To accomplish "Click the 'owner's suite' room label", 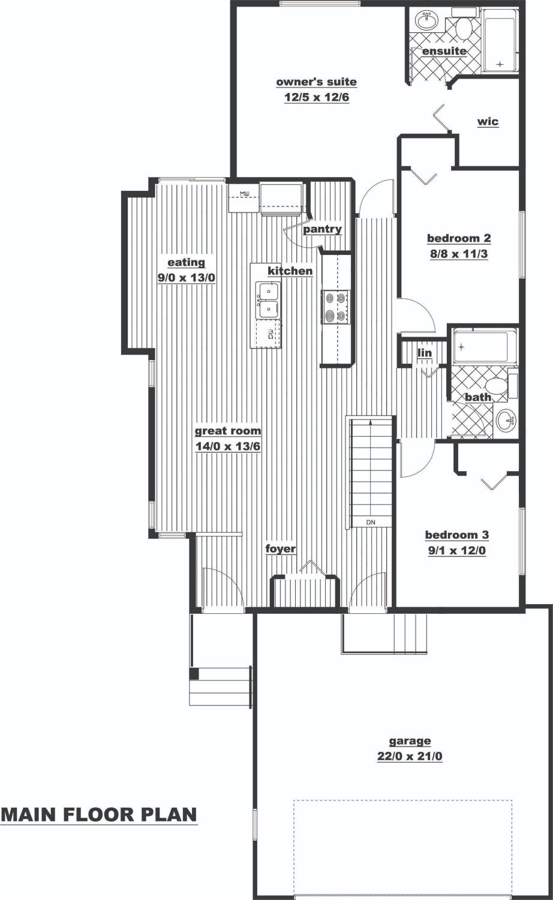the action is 317,82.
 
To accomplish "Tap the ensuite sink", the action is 427,20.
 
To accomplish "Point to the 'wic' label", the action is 488,122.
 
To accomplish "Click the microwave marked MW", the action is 244,197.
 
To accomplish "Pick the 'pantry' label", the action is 322,229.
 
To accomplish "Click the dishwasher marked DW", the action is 269,334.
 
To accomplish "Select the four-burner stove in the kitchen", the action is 335,307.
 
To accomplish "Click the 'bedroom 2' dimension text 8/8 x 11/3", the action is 459,254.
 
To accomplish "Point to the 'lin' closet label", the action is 425,353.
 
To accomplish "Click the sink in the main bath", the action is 505,422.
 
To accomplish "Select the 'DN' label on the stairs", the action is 371,523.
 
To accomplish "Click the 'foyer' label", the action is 280,549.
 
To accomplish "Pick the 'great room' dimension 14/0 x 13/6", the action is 228,446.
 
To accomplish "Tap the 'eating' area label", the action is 187,263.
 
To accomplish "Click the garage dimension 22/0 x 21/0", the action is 410,757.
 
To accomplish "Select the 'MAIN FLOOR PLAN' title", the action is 99,814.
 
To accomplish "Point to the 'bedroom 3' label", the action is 457,535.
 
